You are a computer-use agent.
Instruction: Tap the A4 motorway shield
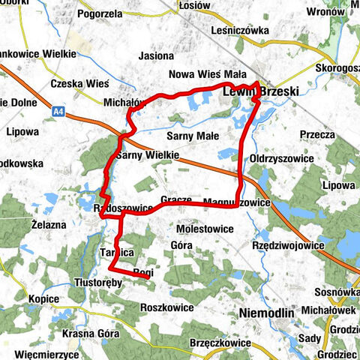[x=59, y=111]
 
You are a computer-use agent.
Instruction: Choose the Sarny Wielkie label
[x=147, y=155]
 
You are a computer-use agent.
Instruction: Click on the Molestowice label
[x=205, y=227]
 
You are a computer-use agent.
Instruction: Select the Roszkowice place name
[x=166, y=307]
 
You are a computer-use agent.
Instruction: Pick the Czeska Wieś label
[x=79, y=83]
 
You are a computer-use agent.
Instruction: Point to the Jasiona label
[x=156, y=55]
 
